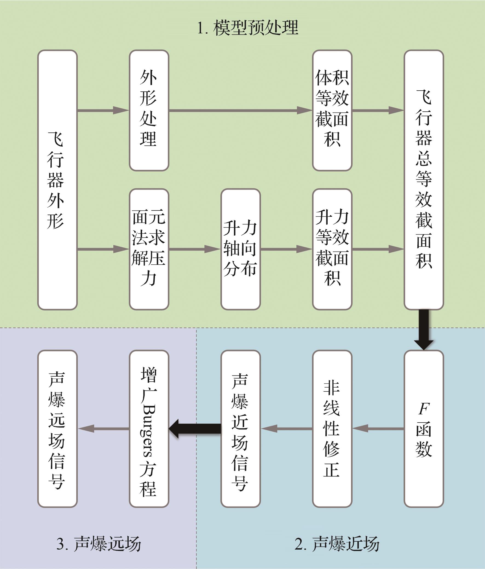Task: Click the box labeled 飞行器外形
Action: (x=57, y=180)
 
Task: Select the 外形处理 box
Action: (x=149, y=110)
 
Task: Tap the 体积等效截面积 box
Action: (x=332, y=110)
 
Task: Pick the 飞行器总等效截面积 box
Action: (x=424, y=180)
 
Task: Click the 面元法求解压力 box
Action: (x=149, y=249)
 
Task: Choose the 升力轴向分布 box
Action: (x=241, y=249)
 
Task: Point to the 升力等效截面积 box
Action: (x=332, y=249)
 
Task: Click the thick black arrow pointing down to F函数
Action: (x=424, y=330)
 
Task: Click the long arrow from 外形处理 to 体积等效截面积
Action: (x=241, y=110)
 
